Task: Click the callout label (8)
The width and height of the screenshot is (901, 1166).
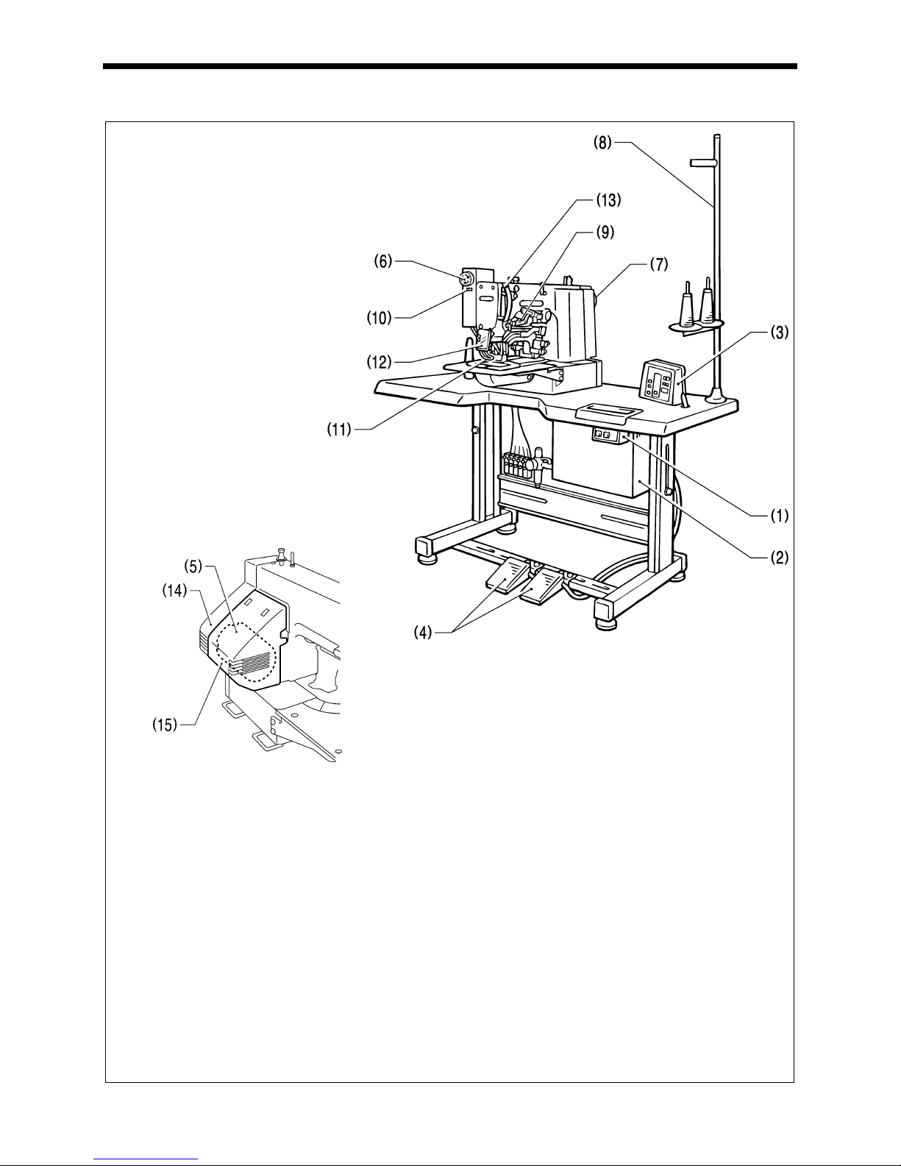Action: [602, 143]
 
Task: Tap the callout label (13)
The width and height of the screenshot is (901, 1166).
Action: [609, 200]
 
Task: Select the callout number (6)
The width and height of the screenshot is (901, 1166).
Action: [383, 261]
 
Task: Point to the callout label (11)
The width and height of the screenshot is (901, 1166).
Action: [339, 430]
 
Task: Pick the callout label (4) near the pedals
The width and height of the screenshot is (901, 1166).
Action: [423, 633]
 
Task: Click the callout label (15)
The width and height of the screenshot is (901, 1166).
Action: [165, 725]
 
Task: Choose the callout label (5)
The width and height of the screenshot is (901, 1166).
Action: [193, 566]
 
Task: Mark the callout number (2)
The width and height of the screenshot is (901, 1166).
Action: [780, 558]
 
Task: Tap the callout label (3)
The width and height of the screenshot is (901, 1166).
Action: [780, 333]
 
